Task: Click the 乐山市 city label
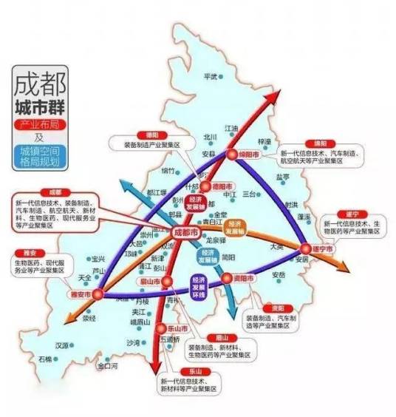174,327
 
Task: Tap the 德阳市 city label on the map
221,188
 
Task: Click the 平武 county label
211,76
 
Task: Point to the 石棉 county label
46,359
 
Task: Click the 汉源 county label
62,345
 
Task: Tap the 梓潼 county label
264,140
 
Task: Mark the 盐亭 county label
283,177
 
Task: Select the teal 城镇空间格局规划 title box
38,156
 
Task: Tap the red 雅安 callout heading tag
22,251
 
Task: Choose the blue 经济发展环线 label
199,286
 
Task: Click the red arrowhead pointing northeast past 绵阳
281,92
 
